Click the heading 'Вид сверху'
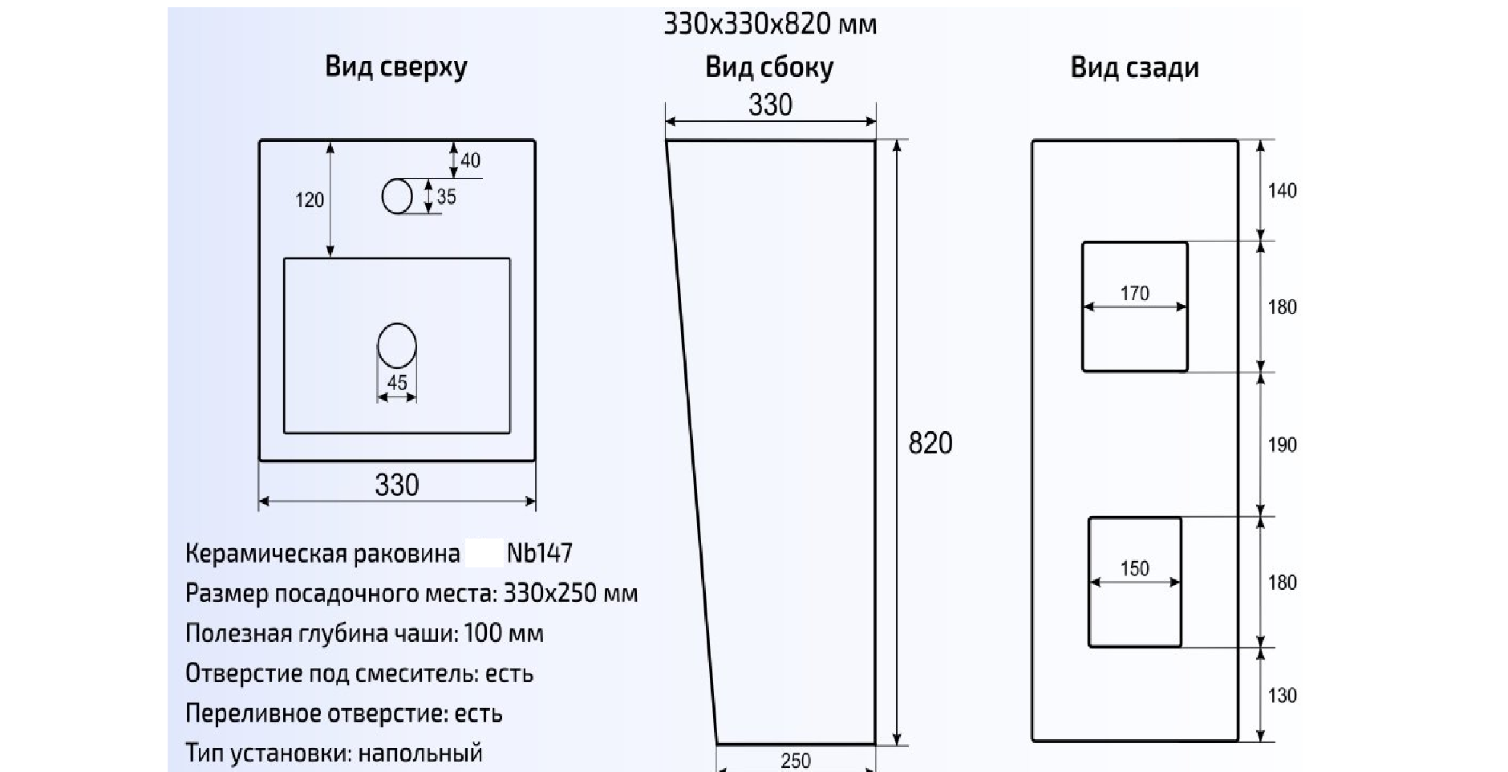395,67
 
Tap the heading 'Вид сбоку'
768,67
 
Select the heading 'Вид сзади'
1134,67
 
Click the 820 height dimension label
930,443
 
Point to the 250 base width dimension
795,760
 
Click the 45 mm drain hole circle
396,346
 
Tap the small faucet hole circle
396,197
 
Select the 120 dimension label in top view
310,200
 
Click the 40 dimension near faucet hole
470,160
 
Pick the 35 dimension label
446,197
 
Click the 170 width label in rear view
1134,294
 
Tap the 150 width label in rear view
1134,569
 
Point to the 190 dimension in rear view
1282,445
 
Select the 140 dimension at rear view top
1282,191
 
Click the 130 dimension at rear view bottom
1282,696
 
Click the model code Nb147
539,553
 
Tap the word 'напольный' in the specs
420,753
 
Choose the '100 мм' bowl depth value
503,633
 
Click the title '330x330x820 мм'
769,24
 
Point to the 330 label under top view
396,485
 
